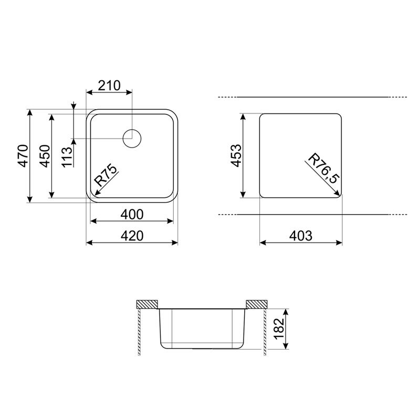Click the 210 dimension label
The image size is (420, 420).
[109, 85]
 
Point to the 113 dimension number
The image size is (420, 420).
[66, 156]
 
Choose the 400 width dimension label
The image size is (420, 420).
[132, 214]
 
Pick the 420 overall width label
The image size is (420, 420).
[132, 236]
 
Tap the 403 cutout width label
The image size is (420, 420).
[301, 236]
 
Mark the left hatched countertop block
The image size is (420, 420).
[148, 304]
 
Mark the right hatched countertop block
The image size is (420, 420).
[256, 304]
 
